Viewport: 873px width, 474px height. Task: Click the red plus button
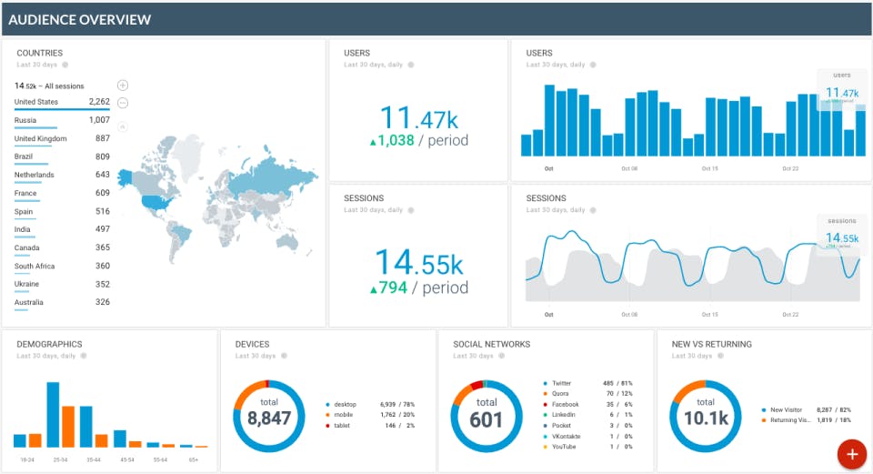pyautogui.click(x=851, y=454)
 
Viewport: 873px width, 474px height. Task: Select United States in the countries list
pyautogui.click(x=36, y=102)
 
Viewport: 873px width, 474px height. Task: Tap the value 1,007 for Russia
pyautogui.click(x=99, y=120)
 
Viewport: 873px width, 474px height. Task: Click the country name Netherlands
pyautogui.click(x=35, y=175)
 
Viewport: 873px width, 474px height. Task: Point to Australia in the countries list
pyautogui.click(x=29, y=302)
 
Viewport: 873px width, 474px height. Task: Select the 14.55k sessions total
pyautogui.click(x=418, y=263)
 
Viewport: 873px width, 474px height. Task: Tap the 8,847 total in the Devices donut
pyautogui.click(x=268, y=418)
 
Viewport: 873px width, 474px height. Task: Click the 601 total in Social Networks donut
pyautogui.click(x=487, y=420)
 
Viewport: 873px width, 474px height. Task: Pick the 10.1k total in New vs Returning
pyautogui.click(x=705, y=419)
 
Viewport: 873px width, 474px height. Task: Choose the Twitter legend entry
pyautogui.click(x=561, y=384)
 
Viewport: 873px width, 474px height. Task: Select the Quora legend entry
pyautogui.click(x=560, y=394)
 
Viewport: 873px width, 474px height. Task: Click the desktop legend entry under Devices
pyautogui.click(x=345, y=404)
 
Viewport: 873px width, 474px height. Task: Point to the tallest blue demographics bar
pyautogui.click(x=53, y=415)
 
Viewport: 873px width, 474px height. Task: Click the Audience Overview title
pyautogui.click(x=80, y=19)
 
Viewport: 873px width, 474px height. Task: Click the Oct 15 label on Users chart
pyautogui.click(x=710, y=168)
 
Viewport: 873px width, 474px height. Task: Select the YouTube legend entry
pyautogui.click(x=563, y=446)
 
